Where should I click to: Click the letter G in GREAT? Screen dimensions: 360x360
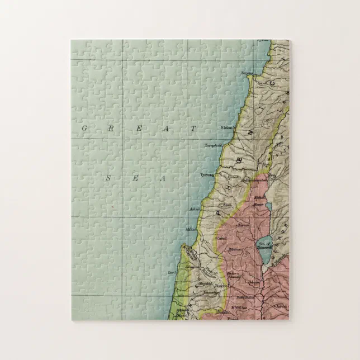85,129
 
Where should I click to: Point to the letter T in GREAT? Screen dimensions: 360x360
194,129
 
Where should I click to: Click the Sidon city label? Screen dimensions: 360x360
227,127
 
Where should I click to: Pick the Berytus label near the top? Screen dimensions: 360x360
247,73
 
